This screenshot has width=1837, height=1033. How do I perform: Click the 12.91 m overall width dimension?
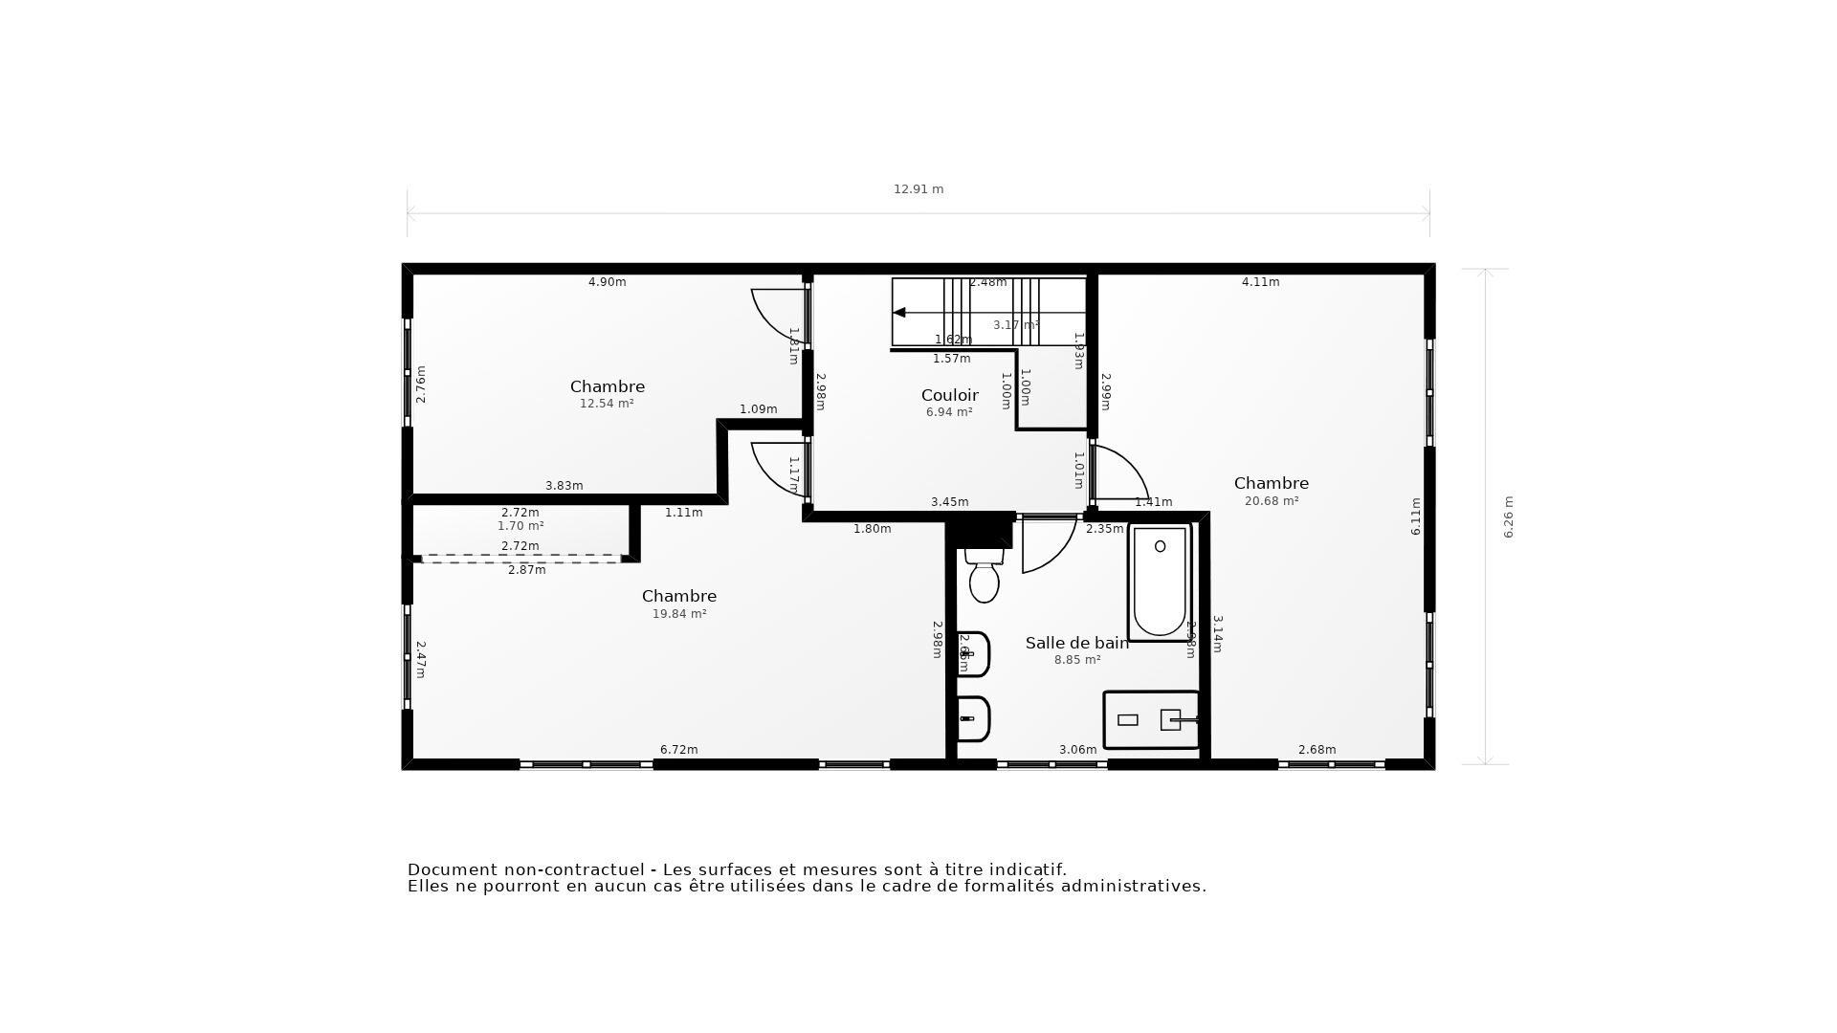click(918, 189)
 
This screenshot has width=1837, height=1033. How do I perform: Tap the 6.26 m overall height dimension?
click(1509, 516)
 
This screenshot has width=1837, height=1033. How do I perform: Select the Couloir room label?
click(949, 395)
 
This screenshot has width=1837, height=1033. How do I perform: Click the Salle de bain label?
click(1076, 643)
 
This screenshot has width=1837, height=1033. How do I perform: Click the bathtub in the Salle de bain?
click(1160, 582)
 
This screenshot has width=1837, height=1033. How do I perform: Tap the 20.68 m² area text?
click(1271, 501)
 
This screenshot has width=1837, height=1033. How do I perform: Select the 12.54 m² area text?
click(607, 404)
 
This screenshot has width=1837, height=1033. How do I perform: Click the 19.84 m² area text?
click(679, 614)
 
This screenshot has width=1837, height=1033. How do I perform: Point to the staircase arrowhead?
click(898, 313)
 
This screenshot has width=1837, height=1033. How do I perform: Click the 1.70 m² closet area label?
click(520, 526)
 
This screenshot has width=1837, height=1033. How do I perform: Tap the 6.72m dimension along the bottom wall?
click(678, 750)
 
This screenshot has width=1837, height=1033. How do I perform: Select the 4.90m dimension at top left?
click(607, 282)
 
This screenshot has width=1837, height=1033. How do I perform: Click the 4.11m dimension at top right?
click(1260, 282)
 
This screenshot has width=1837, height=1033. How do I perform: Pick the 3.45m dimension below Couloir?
click(949, 502)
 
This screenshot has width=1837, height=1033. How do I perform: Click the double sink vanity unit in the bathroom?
click(1151, 719)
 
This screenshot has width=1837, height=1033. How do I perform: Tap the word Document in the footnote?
click(452, 869)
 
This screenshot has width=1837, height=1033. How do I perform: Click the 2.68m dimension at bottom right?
click(1317, 750)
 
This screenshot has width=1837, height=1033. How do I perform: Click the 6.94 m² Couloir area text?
click(949, 412)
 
